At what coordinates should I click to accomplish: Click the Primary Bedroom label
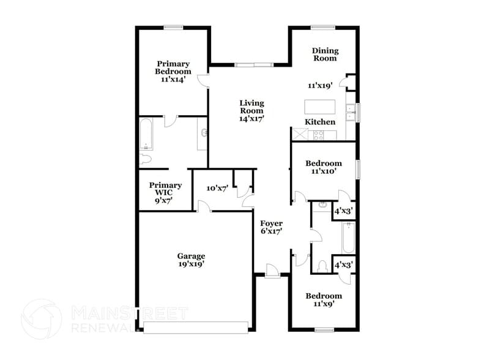pyautogui.click(x=173, y=67)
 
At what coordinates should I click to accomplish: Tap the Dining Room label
pyautogui.click(x=325, y=54)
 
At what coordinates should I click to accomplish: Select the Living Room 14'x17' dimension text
pyautogui.click(x=251, y=119)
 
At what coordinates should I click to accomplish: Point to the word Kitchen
pyautogui.click(x=320, y=122)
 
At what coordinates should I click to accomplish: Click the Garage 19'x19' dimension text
pyautogui.click(x=191, y=264)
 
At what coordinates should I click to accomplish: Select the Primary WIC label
pyautogui.click(x=165, y=189)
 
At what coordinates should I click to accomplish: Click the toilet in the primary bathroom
pyautogui.click(x=145, y=160)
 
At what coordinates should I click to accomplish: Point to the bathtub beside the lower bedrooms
pyautogui.click(x=348, y=239)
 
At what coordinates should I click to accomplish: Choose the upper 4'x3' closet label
pyautogui.click(x=343, y=211)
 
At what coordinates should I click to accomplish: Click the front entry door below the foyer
pyautogui.click(x=273, y=270)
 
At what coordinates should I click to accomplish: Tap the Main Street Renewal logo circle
pyautogui.click(x=42, y=319)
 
